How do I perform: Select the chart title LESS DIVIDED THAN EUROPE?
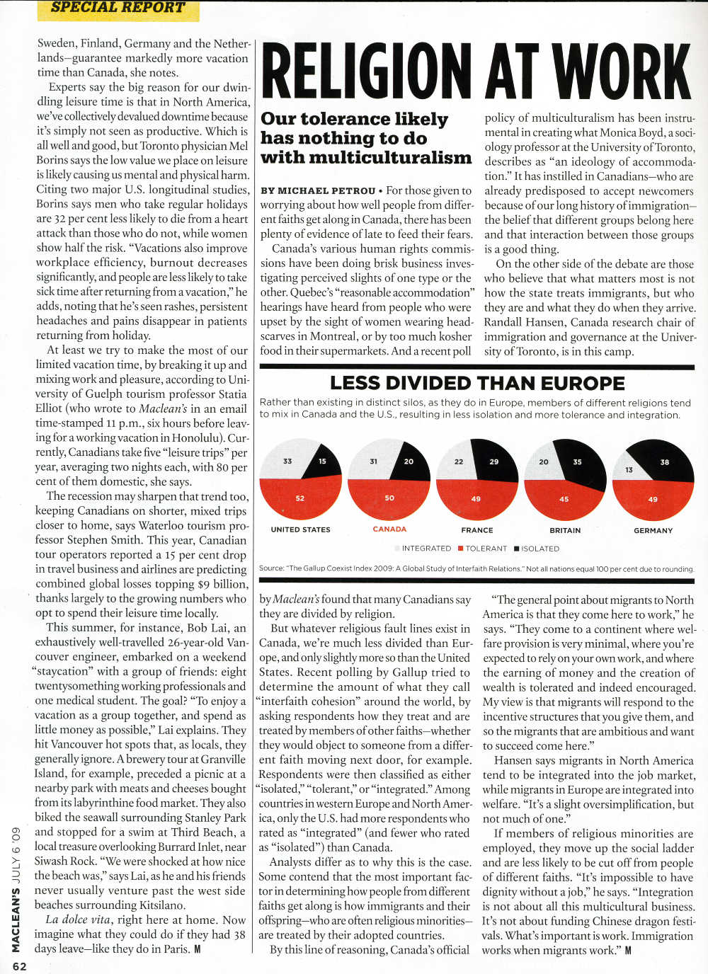pos(477,384)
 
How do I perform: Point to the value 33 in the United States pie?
pos(287,461)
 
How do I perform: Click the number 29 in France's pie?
pos(493,462)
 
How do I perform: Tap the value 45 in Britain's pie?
pos(564,499)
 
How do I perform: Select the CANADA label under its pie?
pos(389,529)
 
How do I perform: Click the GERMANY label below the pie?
pos(653,530)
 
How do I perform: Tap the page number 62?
pos(19,966)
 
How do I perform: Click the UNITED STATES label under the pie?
pos(300,529)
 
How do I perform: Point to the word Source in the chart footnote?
pos(271,568)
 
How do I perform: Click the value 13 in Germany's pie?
pos(629,470)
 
